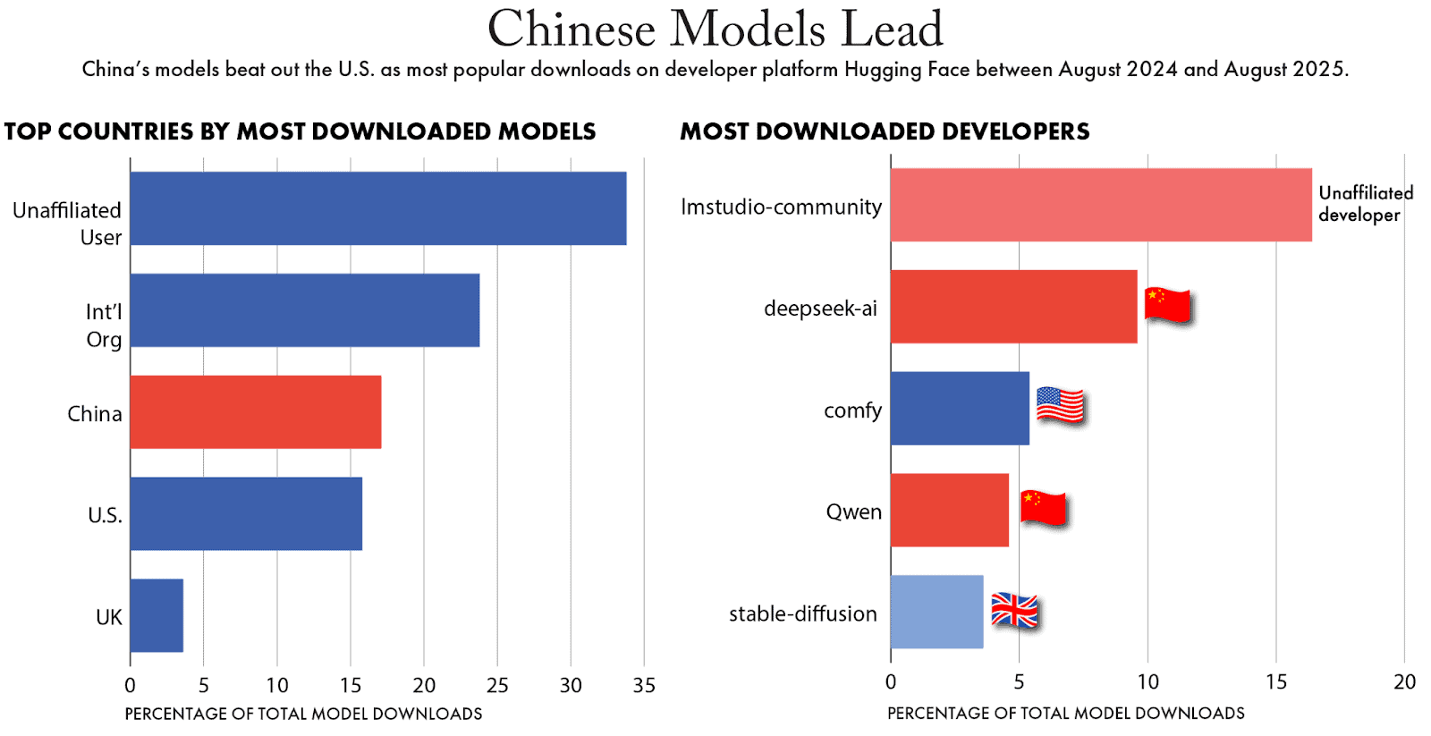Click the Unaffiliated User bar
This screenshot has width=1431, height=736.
(x=377, y=208)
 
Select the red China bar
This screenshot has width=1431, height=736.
(x=256, y=411)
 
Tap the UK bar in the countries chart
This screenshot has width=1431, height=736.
(x=157, y=615)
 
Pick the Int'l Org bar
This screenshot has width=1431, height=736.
(x=304, y=310)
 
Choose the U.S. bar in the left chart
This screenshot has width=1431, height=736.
(x=246, y=513)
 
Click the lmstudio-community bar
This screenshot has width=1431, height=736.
(x=1100, y=205)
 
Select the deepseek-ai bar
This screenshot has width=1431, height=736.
(x=1013, y=307)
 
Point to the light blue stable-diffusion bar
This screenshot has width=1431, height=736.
(x=936, y=612)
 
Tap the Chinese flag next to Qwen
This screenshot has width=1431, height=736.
(x=1044, y=508)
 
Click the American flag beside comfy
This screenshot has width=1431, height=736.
(x=1060, y=405)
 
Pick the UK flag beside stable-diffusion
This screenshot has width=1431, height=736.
(x=1015, y=611)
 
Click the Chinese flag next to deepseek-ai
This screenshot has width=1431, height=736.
(x=1168, y=305)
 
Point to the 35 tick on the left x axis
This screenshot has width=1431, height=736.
(x=644, y=685)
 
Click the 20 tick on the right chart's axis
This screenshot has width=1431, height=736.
(x=1404, y=682)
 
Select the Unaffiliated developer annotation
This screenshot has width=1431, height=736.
(x=1365, y=204)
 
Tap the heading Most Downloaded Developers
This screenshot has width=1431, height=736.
(x=885, y=131)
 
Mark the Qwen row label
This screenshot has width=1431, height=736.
(x=853, y=512)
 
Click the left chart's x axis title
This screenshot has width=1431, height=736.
(x=303, y=714)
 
